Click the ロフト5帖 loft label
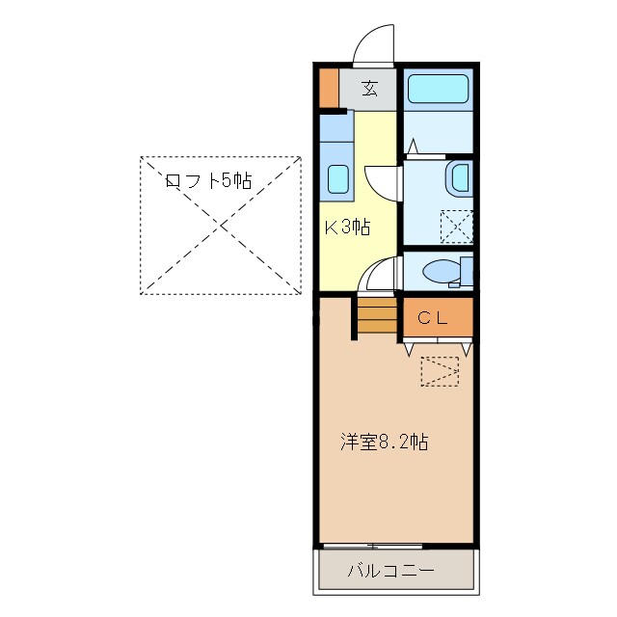coord(208,180)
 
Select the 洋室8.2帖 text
coord(384,443)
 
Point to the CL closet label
coord(432,318)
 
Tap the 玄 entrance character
coord(369,89)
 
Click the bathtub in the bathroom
coord(438,89)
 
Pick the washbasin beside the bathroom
coord(459,178)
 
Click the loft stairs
coord(377,316)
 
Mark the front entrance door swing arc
coord(375,43)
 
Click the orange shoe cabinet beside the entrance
coord(329,87)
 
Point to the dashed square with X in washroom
coord(456,226)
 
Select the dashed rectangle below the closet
coord(440,371)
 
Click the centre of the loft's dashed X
coord(221,225)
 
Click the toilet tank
coord(467,272)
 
